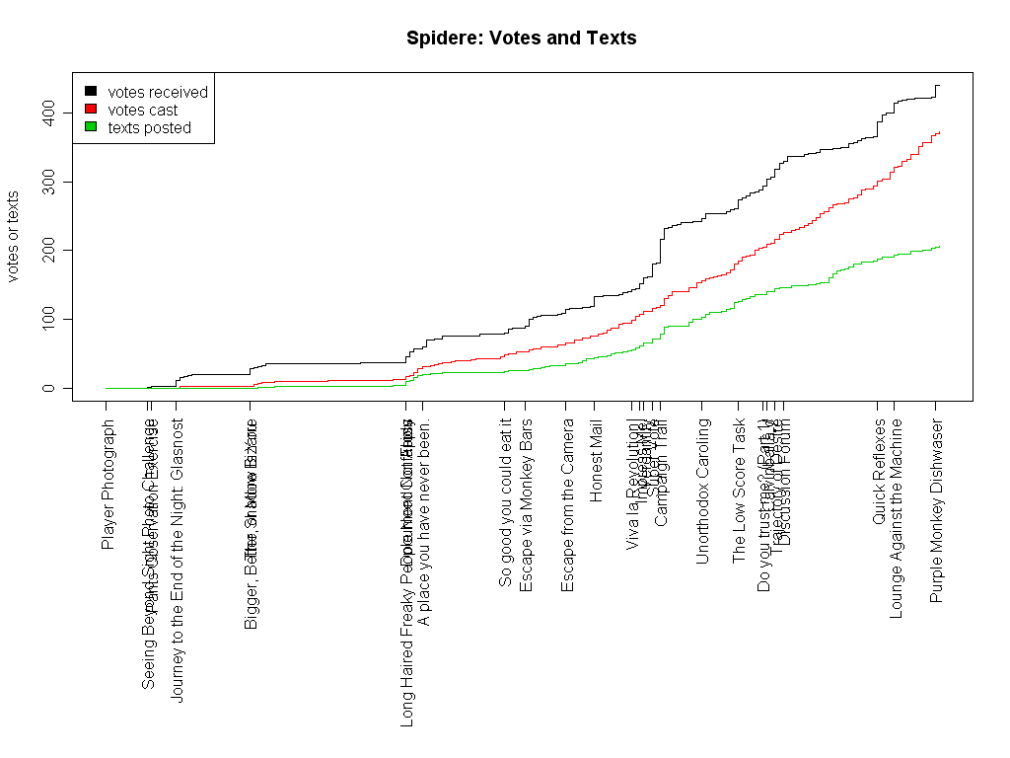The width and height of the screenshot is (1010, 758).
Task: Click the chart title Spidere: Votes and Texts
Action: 521,38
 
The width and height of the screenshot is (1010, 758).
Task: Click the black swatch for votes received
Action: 91,92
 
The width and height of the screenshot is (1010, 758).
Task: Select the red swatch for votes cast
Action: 91,110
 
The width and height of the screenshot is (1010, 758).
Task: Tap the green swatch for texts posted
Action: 91,127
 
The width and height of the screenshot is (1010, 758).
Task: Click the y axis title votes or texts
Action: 14,237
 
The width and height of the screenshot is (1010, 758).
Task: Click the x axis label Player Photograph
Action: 108,484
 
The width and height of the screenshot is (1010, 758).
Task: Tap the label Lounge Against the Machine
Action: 896,518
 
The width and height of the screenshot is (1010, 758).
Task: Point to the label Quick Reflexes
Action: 879,472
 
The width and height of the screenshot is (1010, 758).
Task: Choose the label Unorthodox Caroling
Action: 702,491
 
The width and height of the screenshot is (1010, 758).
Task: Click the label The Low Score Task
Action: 739,491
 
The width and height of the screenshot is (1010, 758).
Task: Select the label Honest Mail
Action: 596,461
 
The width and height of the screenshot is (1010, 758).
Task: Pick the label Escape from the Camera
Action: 567,505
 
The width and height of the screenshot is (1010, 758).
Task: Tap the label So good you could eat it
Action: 505,502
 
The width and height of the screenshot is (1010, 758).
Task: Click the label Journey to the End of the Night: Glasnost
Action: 178,560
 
